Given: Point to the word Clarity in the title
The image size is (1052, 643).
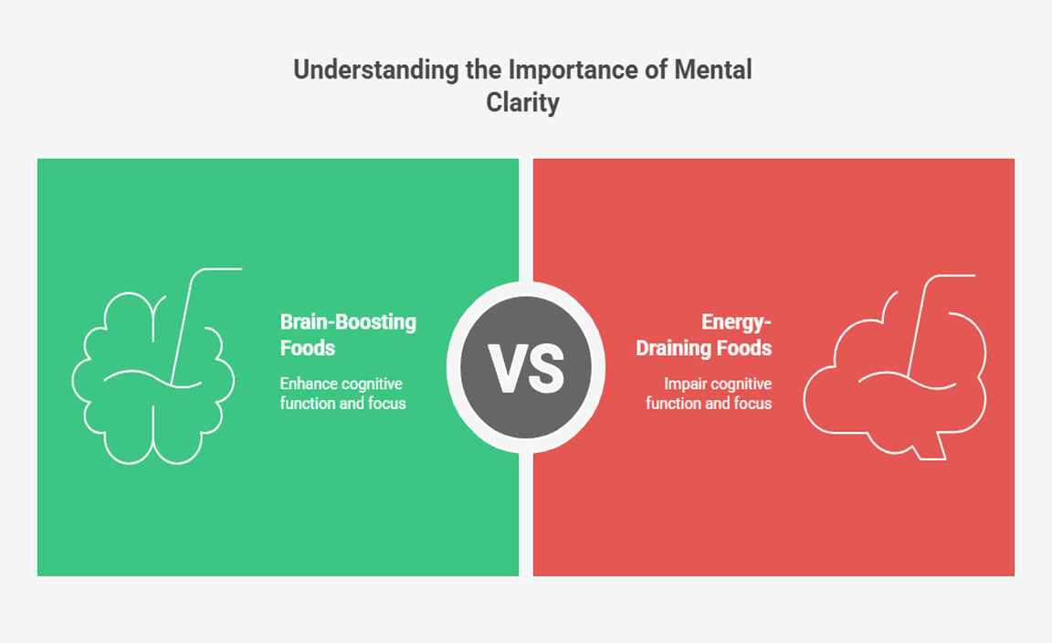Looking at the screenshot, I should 522,102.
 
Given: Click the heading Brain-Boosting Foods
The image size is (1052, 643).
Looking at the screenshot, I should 347,334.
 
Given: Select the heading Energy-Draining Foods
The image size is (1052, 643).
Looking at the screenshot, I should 704,334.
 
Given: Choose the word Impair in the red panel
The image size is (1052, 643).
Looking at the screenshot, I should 685,384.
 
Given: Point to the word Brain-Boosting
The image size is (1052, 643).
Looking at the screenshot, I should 348,322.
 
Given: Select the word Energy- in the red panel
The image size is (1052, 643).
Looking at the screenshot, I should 736,322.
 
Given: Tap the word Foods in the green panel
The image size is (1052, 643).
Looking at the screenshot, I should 308,348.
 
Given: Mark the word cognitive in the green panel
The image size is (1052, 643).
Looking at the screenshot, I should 371,384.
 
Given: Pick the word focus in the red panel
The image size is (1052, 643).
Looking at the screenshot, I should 752,403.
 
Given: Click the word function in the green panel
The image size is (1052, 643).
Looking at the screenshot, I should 308,403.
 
